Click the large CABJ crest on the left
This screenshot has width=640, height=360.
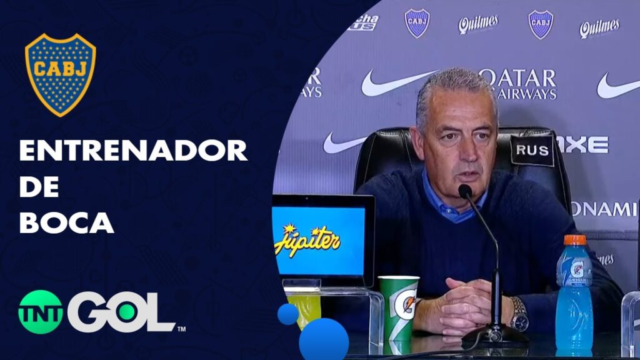[x=60, y=74]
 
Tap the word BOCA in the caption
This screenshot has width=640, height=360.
[x=66, y=222]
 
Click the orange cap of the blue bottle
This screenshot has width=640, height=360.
[x=574, y=240]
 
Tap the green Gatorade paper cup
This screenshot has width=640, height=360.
[x=398, y=307]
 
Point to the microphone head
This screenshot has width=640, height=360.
[x=465, y=191]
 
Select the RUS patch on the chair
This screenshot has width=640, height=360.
[x=532, y=151]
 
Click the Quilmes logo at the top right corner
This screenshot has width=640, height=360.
[x=599, y=27]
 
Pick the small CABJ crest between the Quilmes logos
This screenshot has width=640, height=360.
[x=541, y=24]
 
